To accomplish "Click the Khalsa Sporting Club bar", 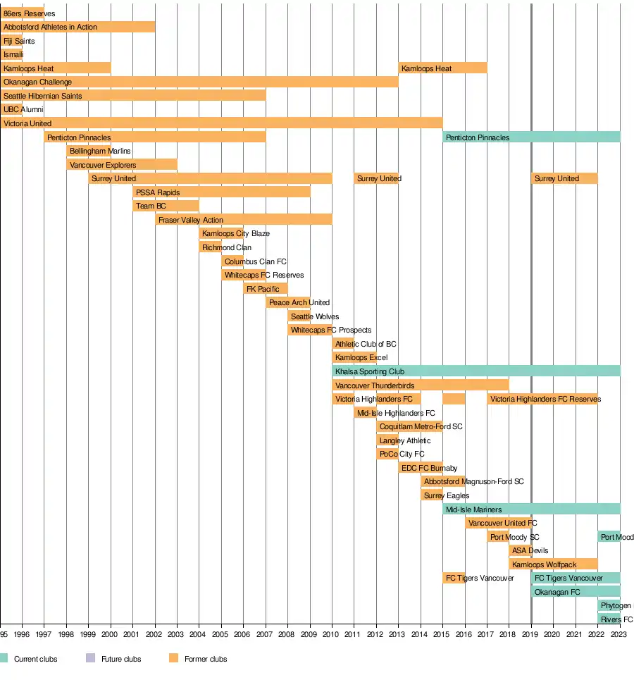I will pyautogui.click(x=475, y=371).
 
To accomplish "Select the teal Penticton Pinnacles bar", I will pyautogui.click(x=531, y=137).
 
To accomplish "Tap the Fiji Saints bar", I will pyautogui.click(x=11, y=41).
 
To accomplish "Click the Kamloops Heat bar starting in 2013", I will pyautogui.click(x=442, y=68).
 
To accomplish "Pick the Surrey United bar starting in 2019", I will pyautogui.click(x=564, y=178).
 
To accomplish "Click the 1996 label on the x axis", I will pyautogui.click(x=22, y=634).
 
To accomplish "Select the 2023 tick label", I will pyautogui.click(x=619, y=634).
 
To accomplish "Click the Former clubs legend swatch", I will pyautogui.click(x=174, y=659).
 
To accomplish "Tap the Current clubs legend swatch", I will pyautogui.click(x=4, y=659).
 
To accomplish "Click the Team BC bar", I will pyautogui.click(x=166, y=206).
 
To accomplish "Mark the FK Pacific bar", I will pyautogui.click(x=266, y=289).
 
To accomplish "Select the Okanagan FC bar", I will pyautogui.click(x=576, y=592).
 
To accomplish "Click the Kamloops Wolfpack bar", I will pyautogui.click(x=553, y=564).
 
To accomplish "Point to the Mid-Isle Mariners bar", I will pyautogui.click(x=531, y=509).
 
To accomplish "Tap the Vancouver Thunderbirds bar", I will pyautogui.click(x=420, y=385).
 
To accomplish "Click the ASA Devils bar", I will pyautogui.click(x=520, y=550).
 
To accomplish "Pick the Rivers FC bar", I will pyautogui.click(x=609, y=619).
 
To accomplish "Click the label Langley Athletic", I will pyautogui.click(x=405, y=440).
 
